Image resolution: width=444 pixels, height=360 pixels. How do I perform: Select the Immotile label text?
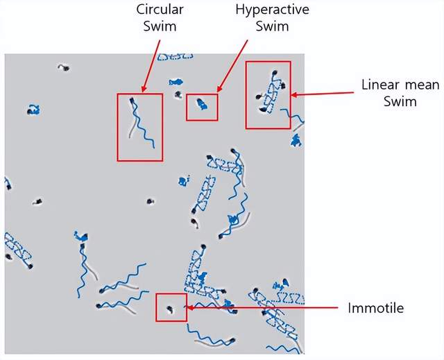pos(375,307)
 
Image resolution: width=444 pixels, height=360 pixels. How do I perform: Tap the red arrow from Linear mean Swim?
pos(326,95)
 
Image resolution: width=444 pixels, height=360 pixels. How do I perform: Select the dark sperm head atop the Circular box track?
pos(132,102)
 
